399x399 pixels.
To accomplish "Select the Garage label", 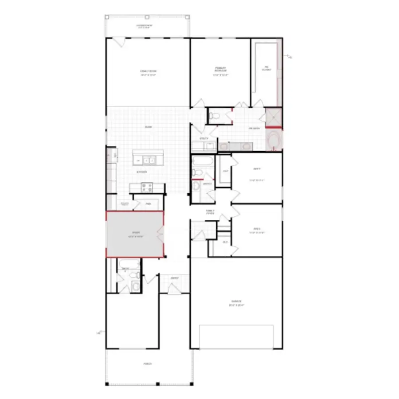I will point(236,304).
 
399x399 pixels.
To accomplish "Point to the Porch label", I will point(148,364).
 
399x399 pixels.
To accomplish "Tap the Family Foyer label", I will point(210,212).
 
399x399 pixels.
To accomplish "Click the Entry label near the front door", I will point(175,278).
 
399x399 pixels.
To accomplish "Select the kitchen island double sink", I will point(148,160).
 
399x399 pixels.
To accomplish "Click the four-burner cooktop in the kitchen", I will point(147,188).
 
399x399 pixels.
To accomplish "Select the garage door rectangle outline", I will point(236,337).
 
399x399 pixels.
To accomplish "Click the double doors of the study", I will point(161,234).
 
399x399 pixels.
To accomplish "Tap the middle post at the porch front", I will point(158,383).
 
